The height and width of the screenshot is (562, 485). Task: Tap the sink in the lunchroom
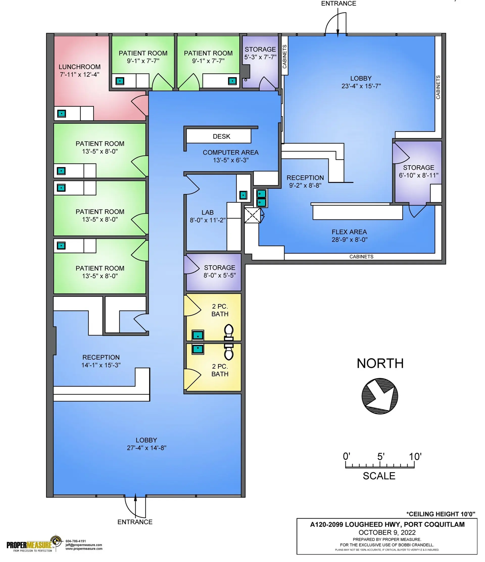[62, 113]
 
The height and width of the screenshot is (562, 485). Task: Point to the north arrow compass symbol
[380, 396]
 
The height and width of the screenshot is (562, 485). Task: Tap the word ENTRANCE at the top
[338, 4]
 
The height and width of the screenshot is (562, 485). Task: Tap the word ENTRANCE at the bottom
[135, 522]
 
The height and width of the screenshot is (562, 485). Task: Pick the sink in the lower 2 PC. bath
[198, 349]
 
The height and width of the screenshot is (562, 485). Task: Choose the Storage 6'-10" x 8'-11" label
[418, 172]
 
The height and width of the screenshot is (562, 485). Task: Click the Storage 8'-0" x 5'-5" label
[220, 271]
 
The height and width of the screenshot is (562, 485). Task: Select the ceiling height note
[441, 514]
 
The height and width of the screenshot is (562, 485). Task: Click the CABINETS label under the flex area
[361, 257]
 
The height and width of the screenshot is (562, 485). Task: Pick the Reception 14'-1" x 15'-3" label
[101, 361]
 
